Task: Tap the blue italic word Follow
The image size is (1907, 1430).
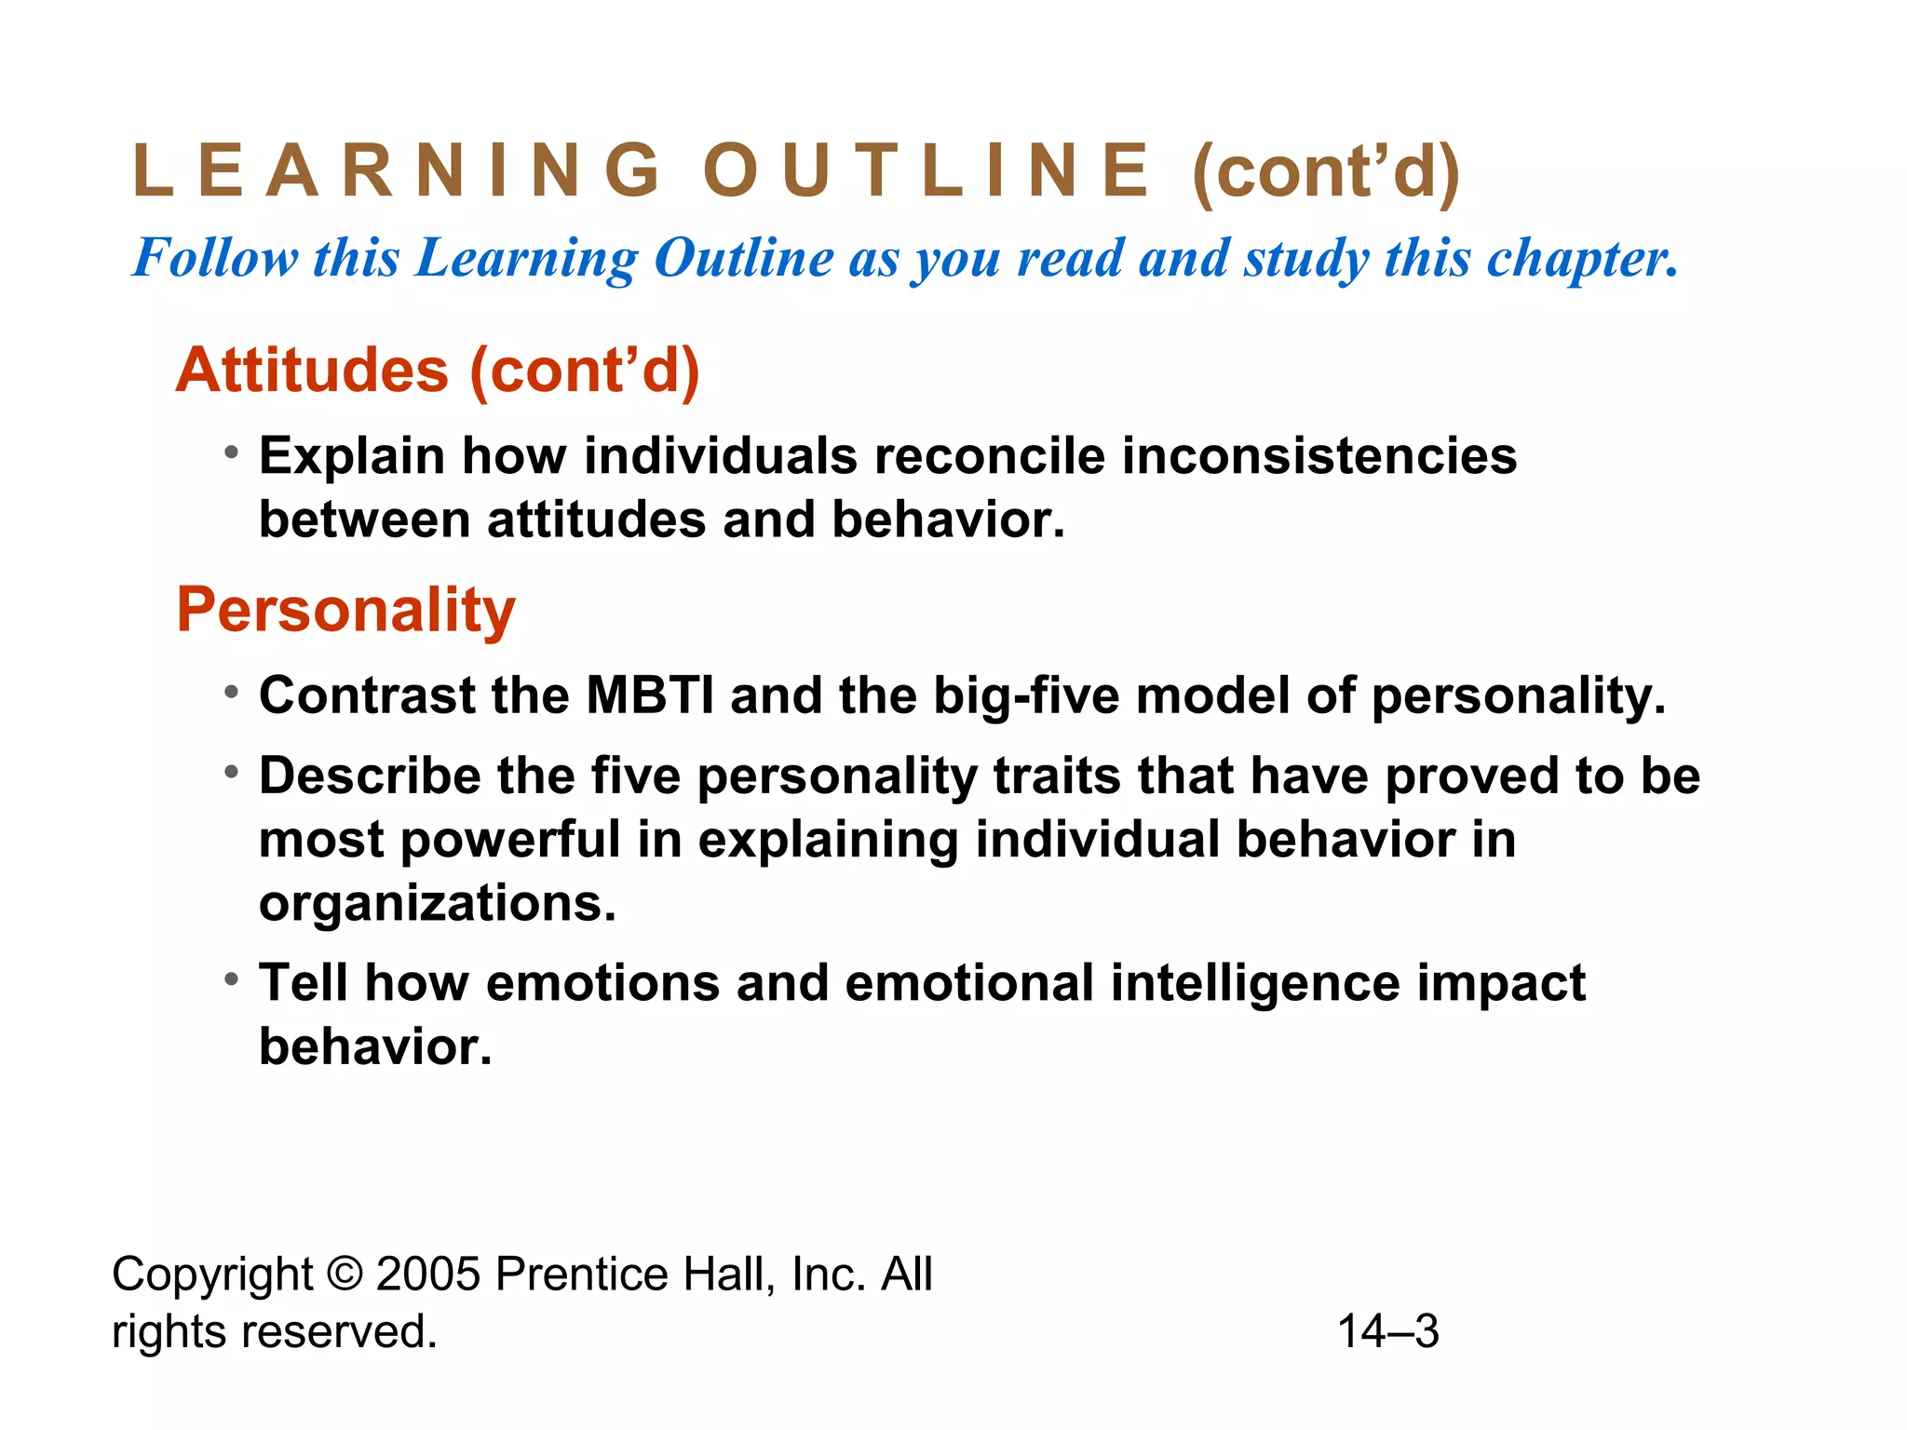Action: point(215,258)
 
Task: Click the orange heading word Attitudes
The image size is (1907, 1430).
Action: point(313,371)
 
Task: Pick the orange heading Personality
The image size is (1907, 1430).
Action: point(345,610)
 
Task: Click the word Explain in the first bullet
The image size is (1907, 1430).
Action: point(352,456)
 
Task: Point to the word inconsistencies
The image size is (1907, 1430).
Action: point(1319,456)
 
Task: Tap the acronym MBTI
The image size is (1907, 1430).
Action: point(650,695)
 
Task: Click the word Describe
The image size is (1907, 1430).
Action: point(370,776)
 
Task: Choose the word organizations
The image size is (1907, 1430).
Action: point(438,903)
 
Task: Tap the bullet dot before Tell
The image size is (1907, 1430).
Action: point(232,979)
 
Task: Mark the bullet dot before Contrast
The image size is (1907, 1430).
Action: point(232,692)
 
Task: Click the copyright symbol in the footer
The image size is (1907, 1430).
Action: point(345,1274)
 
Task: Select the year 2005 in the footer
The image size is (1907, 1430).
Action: point(427,1274)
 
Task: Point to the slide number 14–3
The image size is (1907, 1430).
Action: point(1387,1331)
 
